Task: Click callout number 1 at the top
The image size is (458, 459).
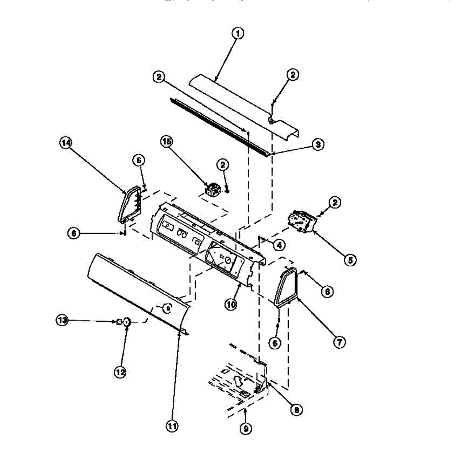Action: point(238,34)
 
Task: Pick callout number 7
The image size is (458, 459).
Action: point(339,342)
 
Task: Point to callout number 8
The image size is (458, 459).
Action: point(296,410)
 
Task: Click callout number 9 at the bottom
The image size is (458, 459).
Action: point(245,429)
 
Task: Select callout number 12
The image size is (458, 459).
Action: point(121,371)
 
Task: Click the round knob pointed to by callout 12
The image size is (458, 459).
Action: point(127,323)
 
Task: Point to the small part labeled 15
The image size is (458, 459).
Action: point(212,189)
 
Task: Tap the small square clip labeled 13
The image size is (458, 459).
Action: point(119,322)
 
